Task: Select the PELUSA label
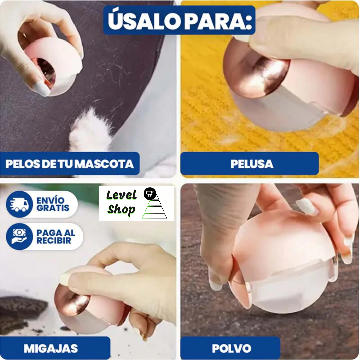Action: [x=252, y=164]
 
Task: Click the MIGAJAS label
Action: [x=51, y=348]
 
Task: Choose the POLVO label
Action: [x=231, y=348]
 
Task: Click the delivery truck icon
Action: [x=19, y=204]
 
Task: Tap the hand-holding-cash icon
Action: [x=19, y=236]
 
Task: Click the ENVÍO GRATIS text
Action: [x=53, y=204]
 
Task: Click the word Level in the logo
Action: [x=121, y=195]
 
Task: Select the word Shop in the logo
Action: [x=121, y=210]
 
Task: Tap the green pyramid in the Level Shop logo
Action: [x=155, y=208]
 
